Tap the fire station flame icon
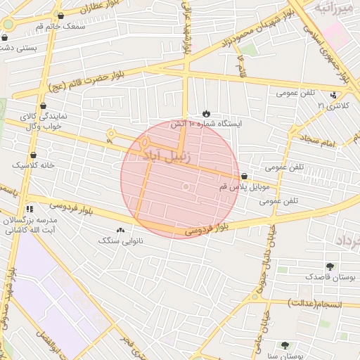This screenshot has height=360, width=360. tap(206, 114)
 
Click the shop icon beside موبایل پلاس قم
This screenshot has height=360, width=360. tap(244, 176)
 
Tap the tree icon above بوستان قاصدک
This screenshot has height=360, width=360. tap(330, 266)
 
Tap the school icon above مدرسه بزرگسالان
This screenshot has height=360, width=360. tap(30, 209)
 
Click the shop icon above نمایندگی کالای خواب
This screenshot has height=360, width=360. tap(44, 106)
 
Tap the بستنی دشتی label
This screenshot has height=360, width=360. tap(18, 48)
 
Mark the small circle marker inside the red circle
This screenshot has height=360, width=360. tap(186, 186)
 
